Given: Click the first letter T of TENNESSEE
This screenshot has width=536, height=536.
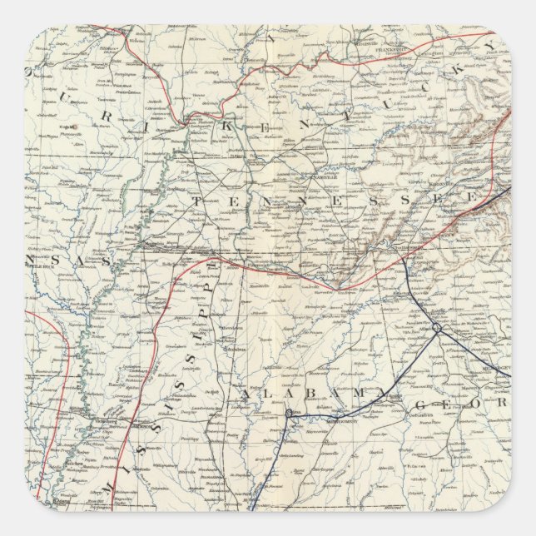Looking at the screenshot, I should point(197,201).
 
